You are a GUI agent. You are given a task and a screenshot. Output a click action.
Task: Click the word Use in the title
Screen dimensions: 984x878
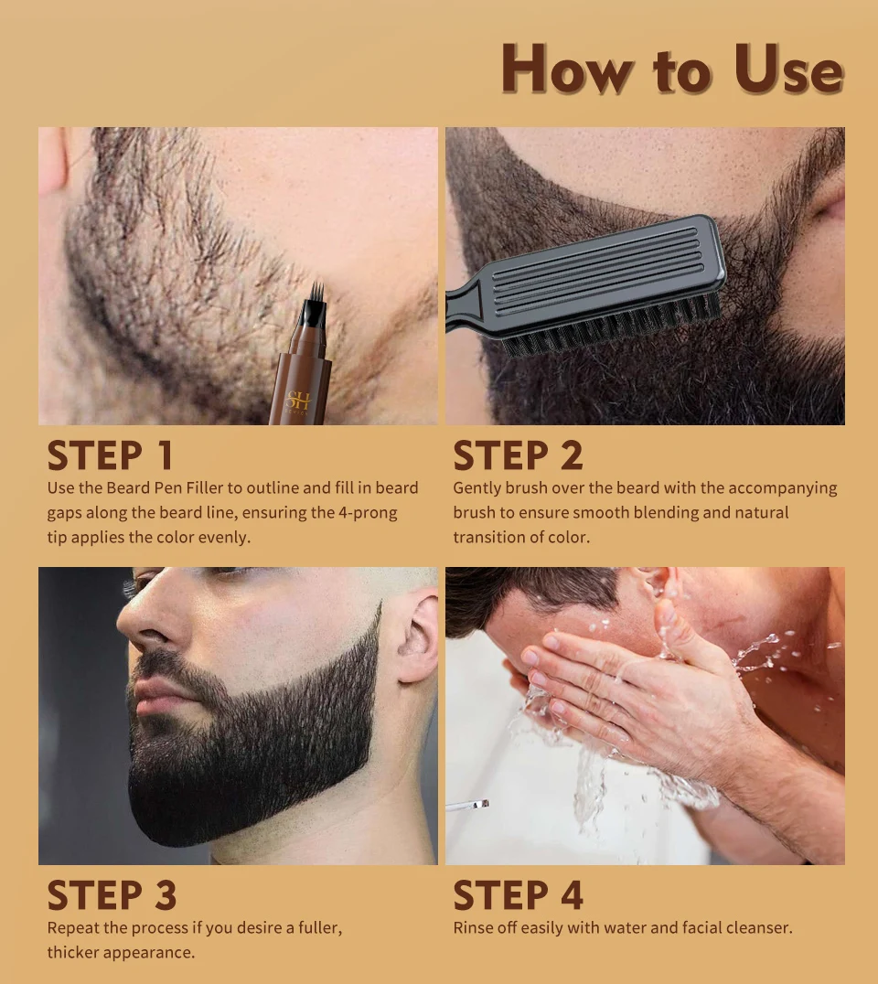787,70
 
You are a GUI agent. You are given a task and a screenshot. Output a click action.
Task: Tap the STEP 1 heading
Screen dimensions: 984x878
110,455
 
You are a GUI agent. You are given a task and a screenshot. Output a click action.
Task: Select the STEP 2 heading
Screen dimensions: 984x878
518,455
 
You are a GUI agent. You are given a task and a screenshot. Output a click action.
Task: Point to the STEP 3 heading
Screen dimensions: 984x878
112,896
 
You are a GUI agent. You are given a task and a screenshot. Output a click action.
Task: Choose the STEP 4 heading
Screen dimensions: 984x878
518,896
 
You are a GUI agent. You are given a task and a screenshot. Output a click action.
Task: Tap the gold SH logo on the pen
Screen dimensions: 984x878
298,401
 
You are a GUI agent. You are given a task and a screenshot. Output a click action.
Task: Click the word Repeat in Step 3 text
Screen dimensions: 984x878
73,928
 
